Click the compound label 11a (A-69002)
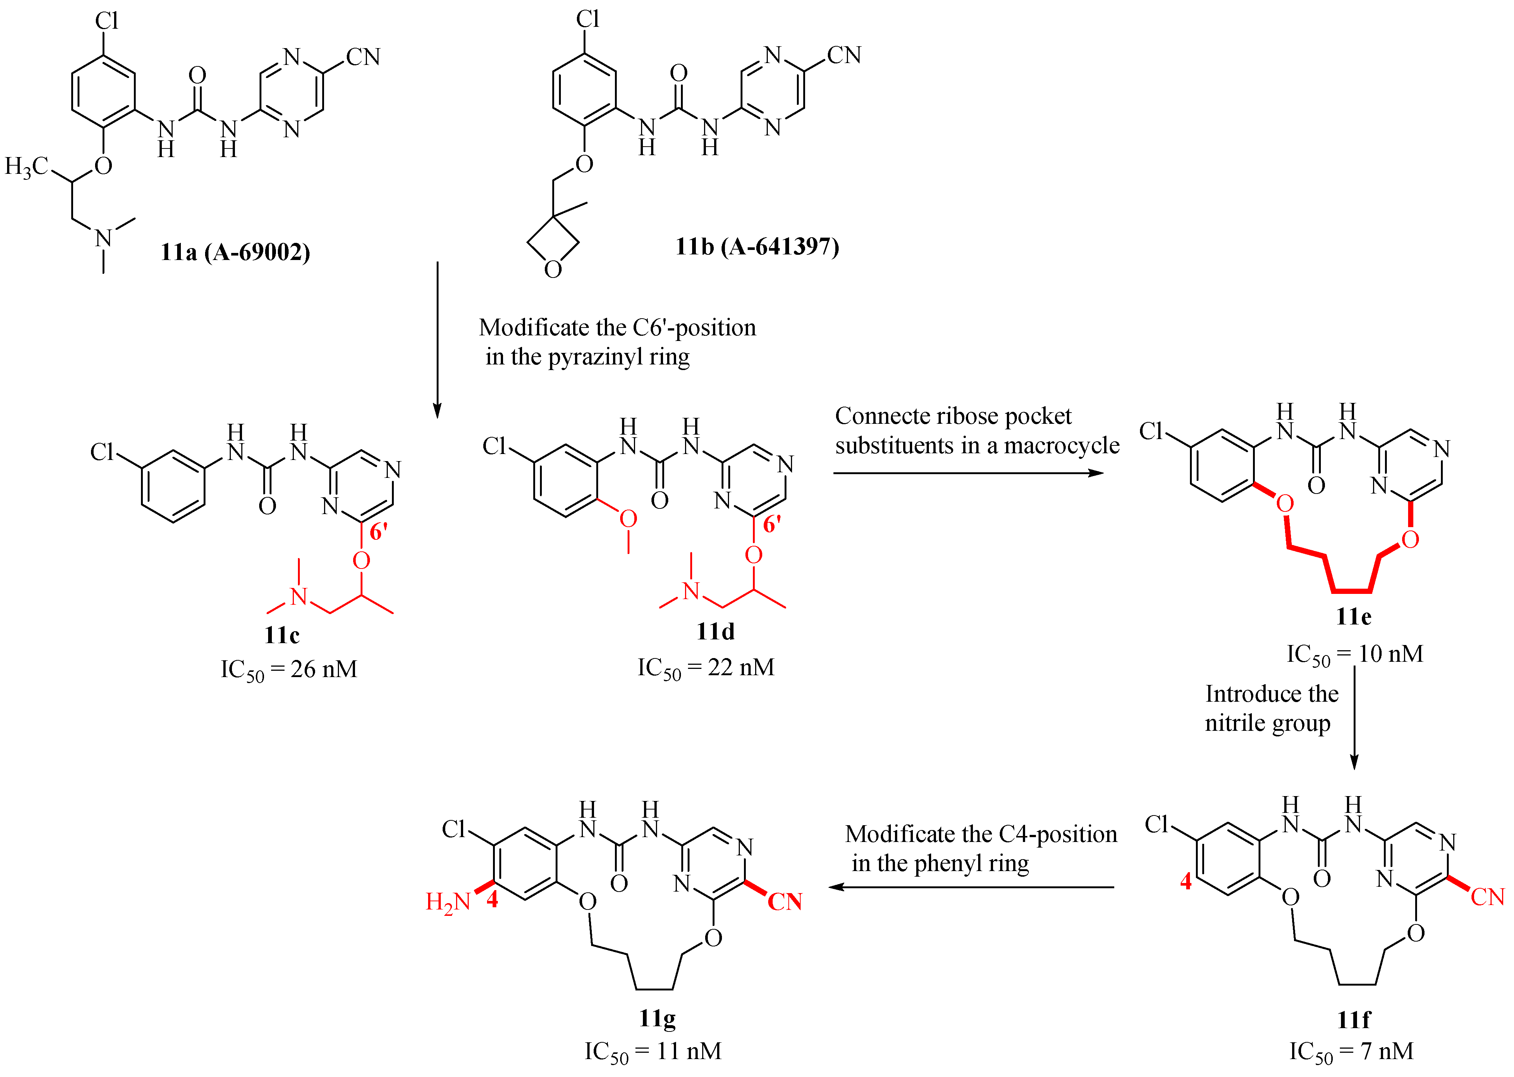(235, 252)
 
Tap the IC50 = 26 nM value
(289, 670)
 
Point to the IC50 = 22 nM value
(706, 668)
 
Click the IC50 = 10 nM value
(1355, 655)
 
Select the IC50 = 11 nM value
(653, 1051)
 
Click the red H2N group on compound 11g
(447, 902)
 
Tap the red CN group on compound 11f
(1487, 897)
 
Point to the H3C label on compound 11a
(26, 166)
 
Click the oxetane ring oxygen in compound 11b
(553, 269)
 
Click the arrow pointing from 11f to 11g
(971, 887)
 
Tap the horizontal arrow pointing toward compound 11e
(968, 473)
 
